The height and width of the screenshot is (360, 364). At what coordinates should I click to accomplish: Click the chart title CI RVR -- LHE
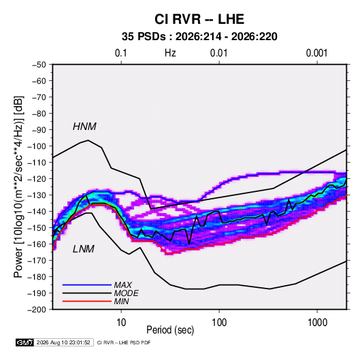199,19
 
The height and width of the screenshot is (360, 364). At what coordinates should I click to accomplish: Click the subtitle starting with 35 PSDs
199,37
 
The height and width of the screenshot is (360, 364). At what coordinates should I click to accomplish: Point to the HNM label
84,127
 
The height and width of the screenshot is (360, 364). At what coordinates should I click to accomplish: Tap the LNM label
84,249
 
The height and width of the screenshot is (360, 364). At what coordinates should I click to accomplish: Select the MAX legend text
122,285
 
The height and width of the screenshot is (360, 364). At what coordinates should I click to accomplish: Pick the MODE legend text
126,293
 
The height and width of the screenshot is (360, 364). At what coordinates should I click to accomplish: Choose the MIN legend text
121,301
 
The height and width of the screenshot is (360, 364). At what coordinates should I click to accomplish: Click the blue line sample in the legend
87,284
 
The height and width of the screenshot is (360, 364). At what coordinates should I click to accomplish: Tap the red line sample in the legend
87,301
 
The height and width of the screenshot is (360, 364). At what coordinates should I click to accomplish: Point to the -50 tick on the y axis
39,65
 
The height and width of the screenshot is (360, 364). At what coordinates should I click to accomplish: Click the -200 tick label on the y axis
37,310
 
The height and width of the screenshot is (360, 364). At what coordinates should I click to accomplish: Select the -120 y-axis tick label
37,179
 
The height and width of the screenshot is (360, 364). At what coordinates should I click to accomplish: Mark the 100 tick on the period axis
219,323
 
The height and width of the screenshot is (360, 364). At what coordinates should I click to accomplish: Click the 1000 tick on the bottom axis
317,323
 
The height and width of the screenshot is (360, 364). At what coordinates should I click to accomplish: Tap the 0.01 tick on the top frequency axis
218,53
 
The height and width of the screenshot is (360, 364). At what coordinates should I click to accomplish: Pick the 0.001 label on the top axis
316,53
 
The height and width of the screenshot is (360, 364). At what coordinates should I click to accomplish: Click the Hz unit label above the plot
170,53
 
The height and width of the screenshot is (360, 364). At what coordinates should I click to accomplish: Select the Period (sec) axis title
170,330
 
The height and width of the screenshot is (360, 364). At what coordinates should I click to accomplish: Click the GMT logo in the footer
25,342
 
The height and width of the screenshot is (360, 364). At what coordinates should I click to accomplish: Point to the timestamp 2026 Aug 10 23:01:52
63,342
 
